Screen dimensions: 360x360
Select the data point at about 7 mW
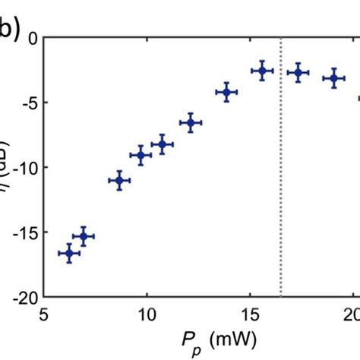[x=84, y=237]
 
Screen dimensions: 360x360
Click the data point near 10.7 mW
[x=162, y=144]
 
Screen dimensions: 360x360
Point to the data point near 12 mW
[x=191, y=122]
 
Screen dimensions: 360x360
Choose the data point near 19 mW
[x=333, y=78]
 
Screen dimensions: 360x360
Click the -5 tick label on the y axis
[x=29, y=102]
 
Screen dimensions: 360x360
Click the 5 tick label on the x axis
[x=45, y=314]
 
